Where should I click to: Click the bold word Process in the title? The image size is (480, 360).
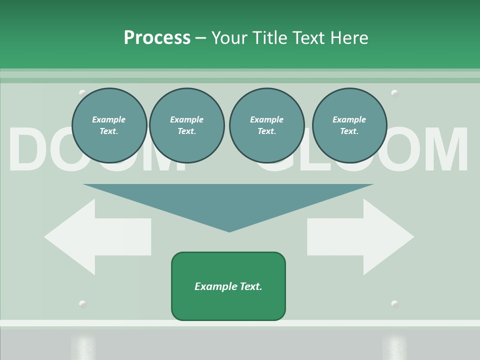point(157,38)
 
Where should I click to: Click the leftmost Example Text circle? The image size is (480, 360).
point(109,125)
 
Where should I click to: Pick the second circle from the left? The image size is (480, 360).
point(186,125)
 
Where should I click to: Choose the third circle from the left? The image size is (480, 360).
point(266,125)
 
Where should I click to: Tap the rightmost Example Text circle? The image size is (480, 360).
point(349,125)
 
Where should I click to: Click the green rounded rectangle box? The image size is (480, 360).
point(228,286)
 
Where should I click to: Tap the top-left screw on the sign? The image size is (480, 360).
point(82,93)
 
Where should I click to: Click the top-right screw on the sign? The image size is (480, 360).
point(394,93)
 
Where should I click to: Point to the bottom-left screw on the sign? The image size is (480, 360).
point(82,304)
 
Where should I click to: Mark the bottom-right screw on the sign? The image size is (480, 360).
point(394,304)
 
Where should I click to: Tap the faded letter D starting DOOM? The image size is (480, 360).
point(30,150)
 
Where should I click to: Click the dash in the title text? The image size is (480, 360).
point(201,38)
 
